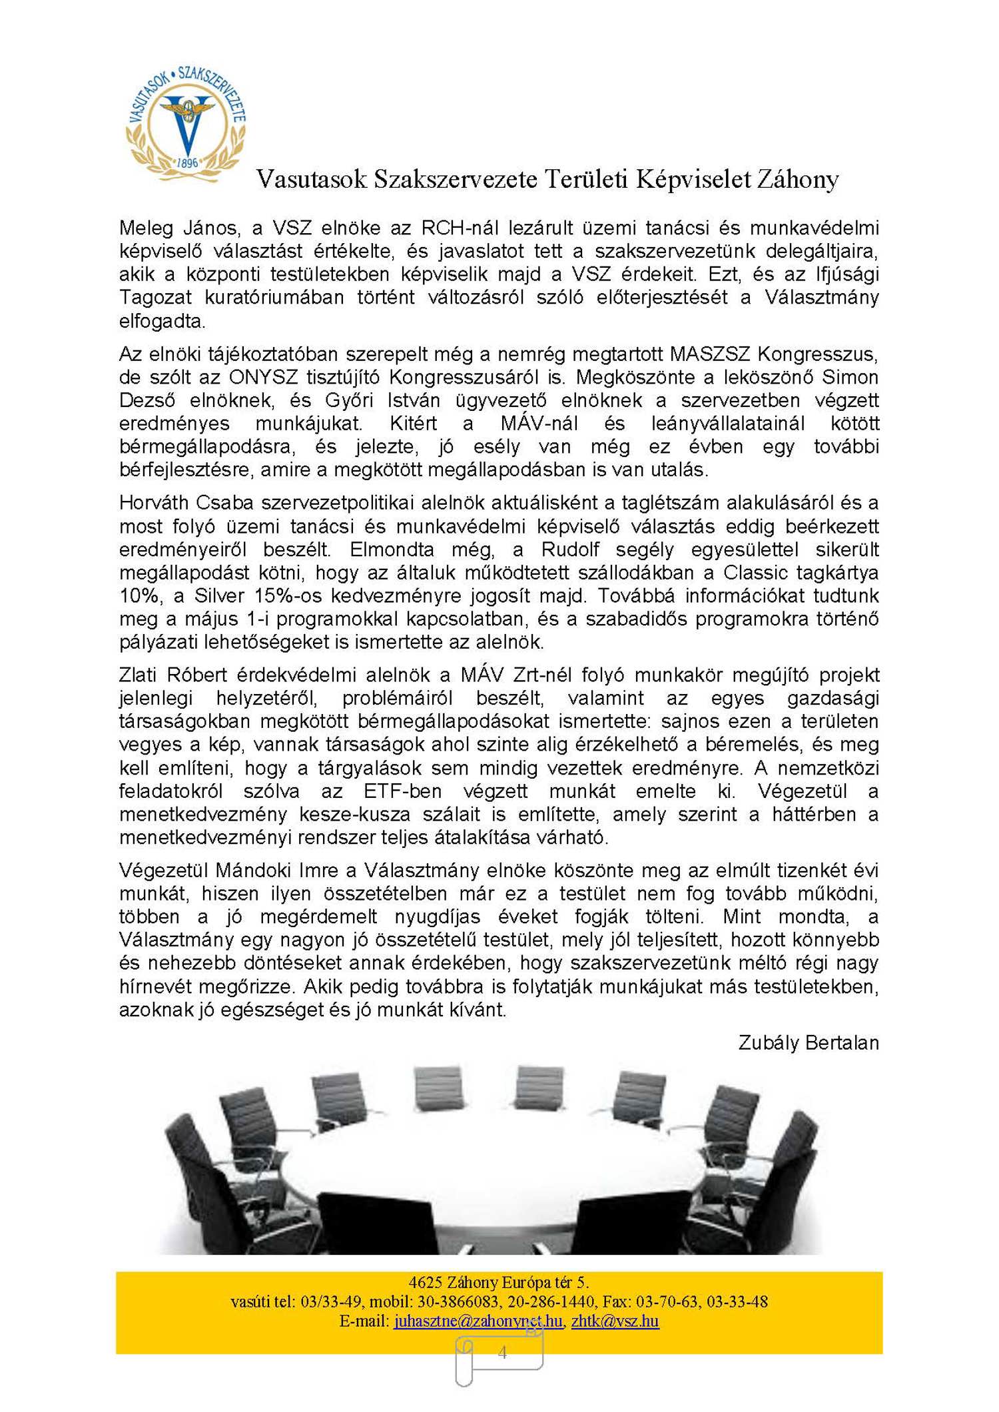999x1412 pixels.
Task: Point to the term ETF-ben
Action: point(402,791)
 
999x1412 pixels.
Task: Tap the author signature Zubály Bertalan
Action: point(809,1042)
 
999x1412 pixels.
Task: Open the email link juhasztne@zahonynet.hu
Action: point(478,1320)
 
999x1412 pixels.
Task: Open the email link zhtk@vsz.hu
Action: point(615,1320)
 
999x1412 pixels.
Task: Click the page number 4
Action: point(502,1352)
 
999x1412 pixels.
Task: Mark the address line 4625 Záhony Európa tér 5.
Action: point(499,1281)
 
